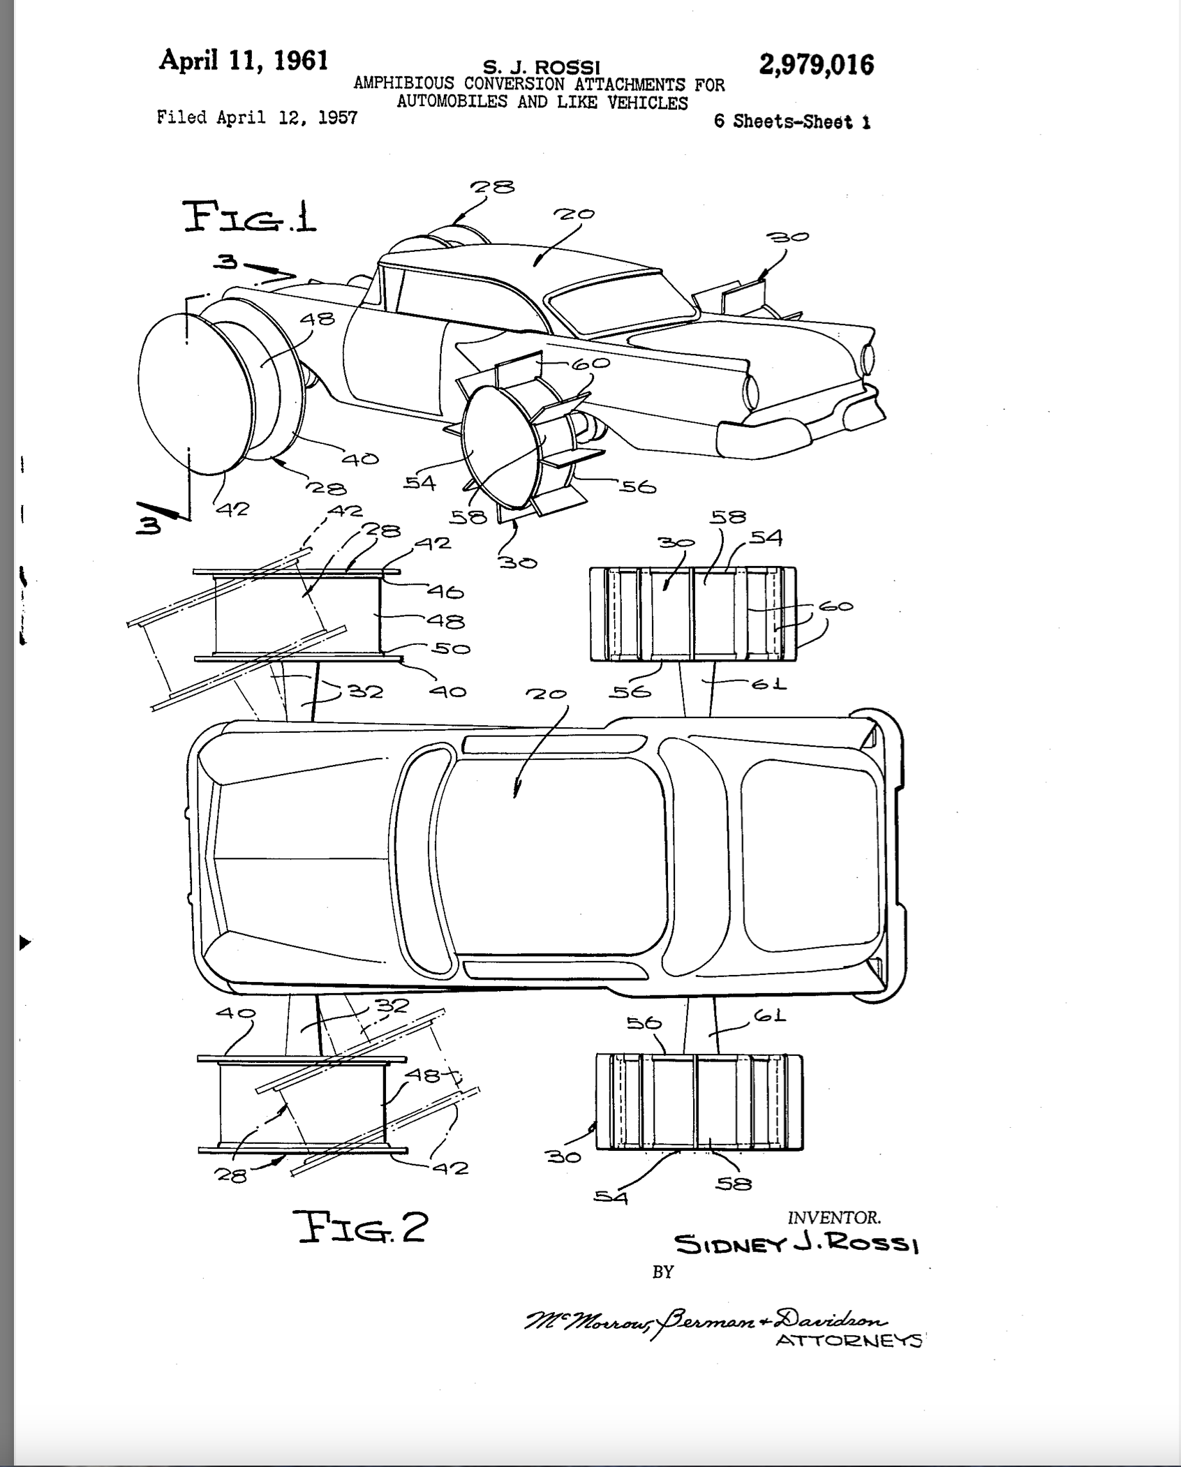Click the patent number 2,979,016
[816, 65]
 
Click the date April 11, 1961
[244, 60]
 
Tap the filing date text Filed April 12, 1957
[257, 117]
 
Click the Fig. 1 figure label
[249, 217]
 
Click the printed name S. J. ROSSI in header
[542, 67]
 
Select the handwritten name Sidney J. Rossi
[796, 1244]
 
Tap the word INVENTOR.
[834, 1217]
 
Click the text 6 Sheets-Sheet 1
[792, 121]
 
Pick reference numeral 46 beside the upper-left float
[445, 593]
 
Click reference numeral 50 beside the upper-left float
[450, 648]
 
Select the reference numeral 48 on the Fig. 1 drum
[318, 320]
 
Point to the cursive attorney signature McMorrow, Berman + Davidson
[705, 1321]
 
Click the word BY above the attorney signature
[662, 1272]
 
